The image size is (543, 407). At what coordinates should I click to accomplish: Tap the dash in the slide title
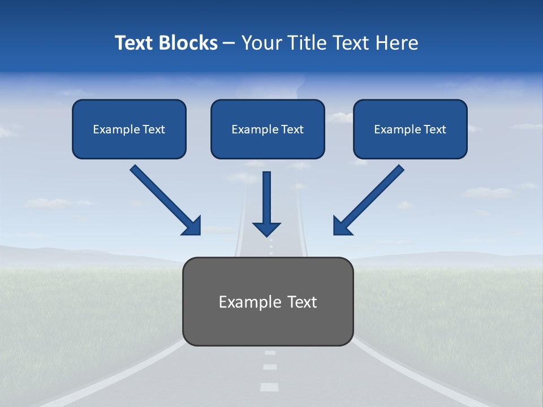(229, 43)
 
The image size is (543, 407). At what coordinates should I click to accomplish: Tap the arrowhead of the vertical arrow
(266, 228)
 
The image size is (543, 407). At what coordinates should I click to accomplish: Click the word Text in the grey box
(302, 302)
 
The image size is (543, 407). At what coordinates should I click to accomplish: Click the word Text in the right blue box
(435, 129)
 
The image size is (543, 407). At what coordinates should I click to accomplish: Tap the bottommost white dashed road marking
(269, 387)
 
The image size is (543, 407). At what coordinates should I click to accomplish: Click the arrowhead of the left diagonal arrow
(192, 226)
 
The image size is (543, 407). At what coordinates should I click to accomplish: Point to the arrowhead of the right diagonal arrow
(342, 226)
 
